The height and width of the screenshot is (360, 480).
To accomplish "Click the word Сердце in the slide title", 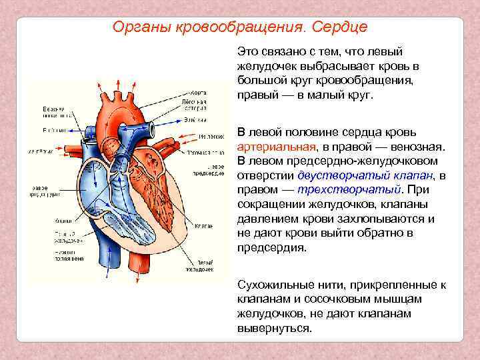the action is click(x=337, y=28).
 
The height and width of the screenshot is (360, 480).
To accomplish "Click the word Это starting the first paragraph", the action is click(x=247, y=52).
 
